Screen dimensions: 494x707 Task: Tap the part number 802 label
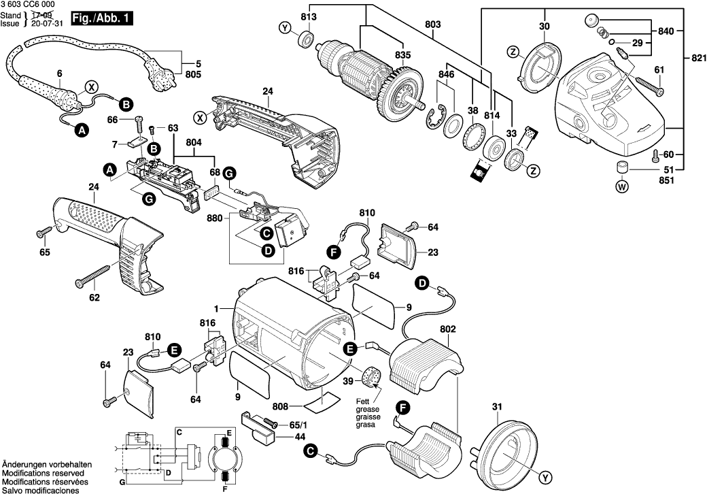click(x=447, y=329)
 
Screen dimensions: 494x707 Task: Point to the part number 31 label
click(x=497, y=408)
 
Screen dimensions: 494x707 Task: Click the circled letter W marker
click(x=621, y=186)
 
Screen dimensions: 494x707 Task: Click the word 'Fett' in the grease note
click(x=364, y=401)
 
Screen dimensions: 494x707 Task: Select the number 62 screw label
click(x=94, y=297)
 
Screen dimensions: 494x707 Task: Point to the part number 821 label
click(x=696, y=59)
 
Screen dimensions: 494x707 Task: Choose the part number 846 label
click(x=445, y=73)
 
